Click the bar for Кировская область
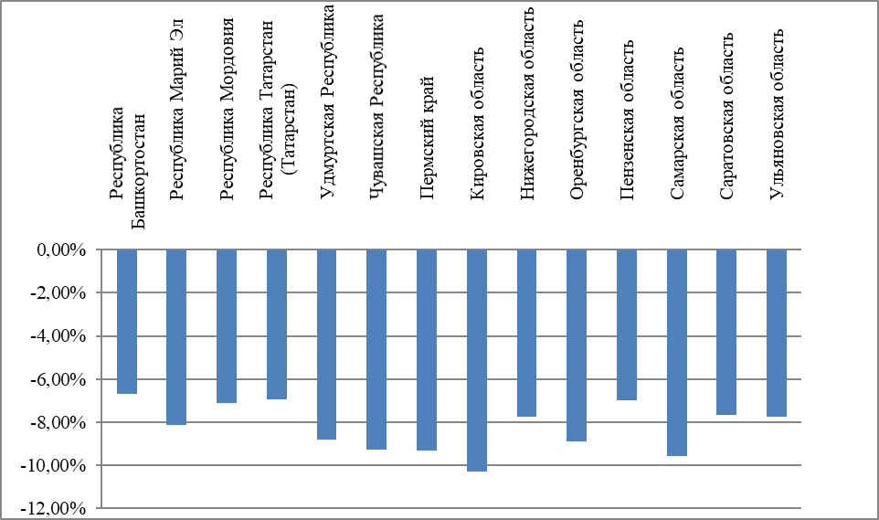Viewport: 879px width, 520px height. pyautogui.click(x=477, y=360)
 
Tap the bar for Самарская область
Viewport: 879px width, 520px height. pyautogui.click(x=677, y=353)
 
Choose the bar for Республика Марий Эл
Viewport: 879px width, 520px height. pyautogui.click(x=176, y=337)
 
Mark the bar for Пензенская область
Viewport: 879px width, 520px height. pyautogui.click(x=627, y=324)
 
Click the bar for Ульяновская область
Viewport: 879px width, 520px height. pyautogui.click(x=777, y=333)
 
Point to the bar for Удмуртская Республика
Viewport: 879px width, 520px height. pyautogui.click(x=327, y=345)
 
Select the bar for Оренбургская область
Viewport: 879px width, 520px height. pyautogui.click(x=577, y=345)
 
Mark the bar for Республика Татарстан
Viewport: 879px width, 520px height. pyautogui.click(x=277, y=324)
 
